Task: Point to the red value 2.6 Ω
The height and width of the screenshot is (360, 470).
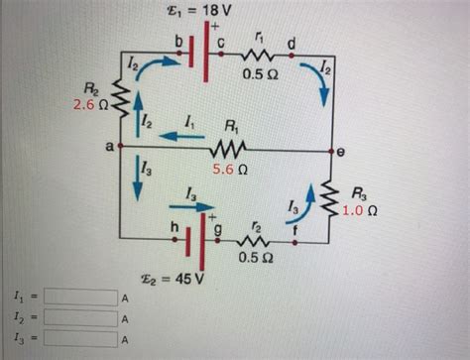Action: (x=89, y=103)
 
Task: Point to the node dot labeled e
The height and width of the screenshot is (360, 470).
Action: (x=332, y=152)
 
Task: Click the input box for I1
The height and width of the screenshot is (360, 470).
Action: (x=79, y=297)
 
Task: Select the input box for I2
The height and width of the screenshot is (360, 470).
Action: (x=79, y=317)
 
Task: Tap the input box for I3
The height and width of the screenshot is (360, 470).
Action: (x=79, y=338)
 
